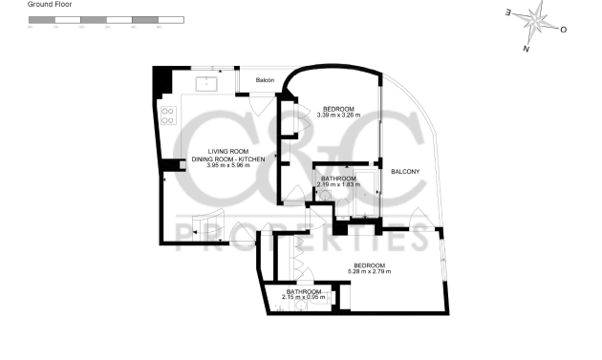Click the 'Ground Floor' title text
(49, 5)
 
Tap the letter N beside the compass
(526, 48)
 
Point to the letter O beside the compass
(564, 30)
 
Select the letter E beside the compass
(508, 12)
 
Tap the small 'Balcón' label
(264, 80)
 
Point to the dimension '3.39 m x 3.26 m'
(337, 116)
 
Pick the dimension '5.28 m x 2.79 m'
(369, 272)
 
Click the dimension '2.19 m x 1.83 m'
(338, 184)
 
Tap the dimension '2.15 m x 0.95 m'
(305, 297)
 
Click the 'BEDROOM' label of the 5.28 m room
(369, 265)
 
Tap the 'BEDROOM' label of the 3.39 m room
(337, 109)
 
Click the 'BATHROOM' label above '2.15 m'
(305, 291)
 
